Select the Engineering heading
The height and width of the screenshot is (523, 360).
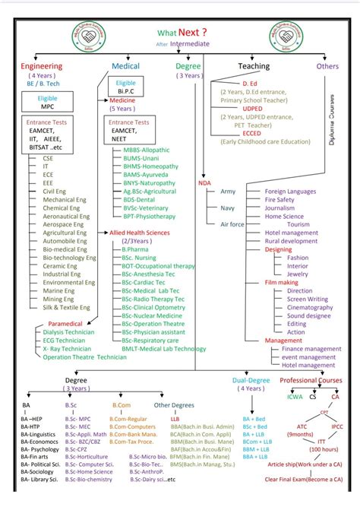[x=42, y=66]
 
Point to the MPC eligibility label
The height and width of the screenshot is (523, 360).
[x=47, y=106]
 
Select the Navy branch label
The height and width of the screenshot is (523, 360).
[x=227, y=208]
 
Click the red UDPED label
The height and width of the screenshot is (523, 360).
[x=252, y=108]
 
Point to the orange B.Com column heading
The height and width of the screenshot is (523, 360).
[x=122, y=405]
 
